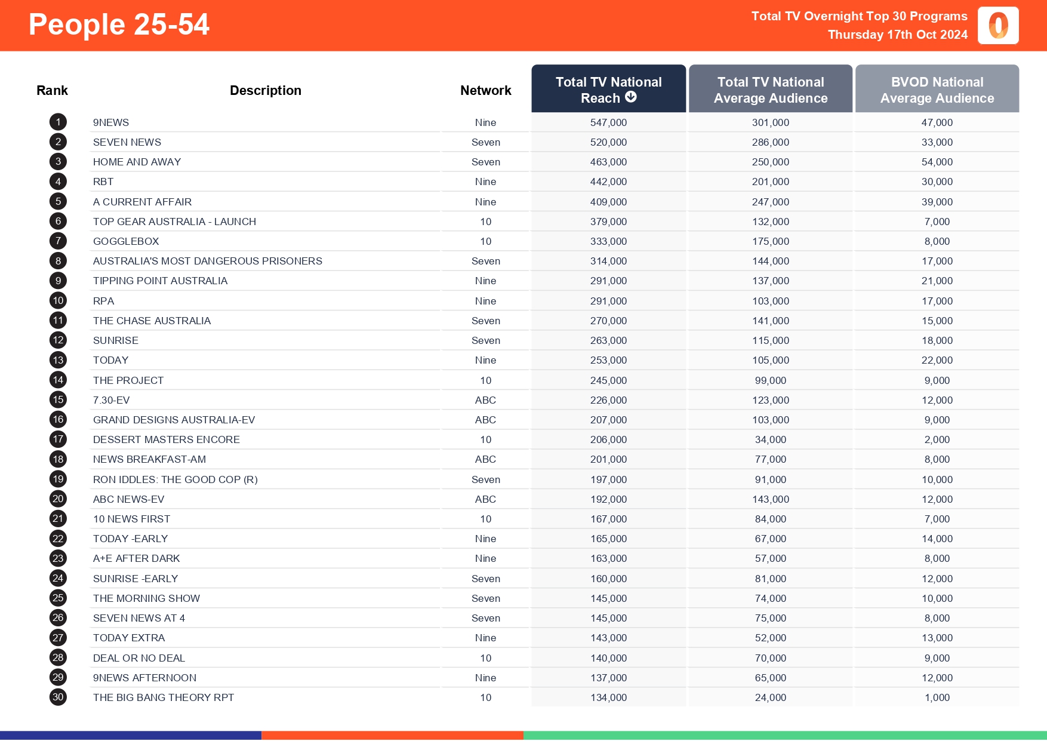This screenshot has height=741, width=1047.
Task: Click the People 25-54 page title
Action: click(x=119, y=24)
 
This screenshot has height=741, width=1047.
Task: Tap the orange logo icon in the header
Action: click(x=998, y=26)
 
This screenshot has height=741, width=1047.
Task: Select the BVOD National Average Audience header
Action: click(x=937, y=90)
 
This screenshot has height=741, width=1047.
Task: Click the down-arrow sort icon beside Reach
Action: click(x=631, y=97)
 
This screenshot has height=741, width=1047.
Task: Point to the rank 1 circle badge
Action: click(x=58, y=122)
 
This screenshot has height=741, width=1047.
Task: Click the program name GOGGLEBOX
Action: click(x=126, y=241)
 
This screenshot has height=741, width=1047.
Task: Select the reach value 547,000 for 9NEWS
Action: click(x=608, y=122)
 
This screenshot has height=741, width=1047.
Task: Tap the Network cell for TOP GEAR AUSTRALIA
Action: click(x=485, y=222)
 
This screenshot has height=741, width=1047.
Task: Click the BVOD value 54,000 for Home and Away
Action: click(x=937, y=162)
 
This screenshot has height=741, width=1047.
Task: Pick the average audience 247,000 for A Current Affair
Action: click(x=770, y=202)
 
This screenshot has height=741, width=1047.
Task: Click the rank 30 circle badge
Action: click(x=58, y=697)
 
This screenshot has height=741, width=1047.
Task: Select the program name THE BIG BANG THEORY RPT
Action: click(x=164, y=697)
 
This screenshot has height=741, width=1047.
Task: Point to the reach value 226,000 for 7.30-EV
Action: click(x=608, y=400)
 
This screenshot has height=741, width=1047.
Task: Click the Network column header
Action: click(x=485, y=90)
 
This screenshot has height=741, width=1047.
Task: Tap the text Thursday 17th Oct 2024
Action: click(x=897, y=35)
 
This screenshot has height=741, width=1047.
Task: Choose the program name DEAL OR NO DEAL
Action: click(x=139, y=658)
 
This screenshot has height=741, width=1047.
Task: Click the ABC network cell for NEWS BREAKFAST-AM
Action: click(x=485, y=459)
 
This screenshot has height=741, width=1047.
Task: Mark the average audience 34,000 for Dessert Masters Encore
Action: click(x=770, y=439)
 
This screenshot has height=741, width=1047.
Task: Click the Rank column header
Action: click(x=52, y=90)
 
